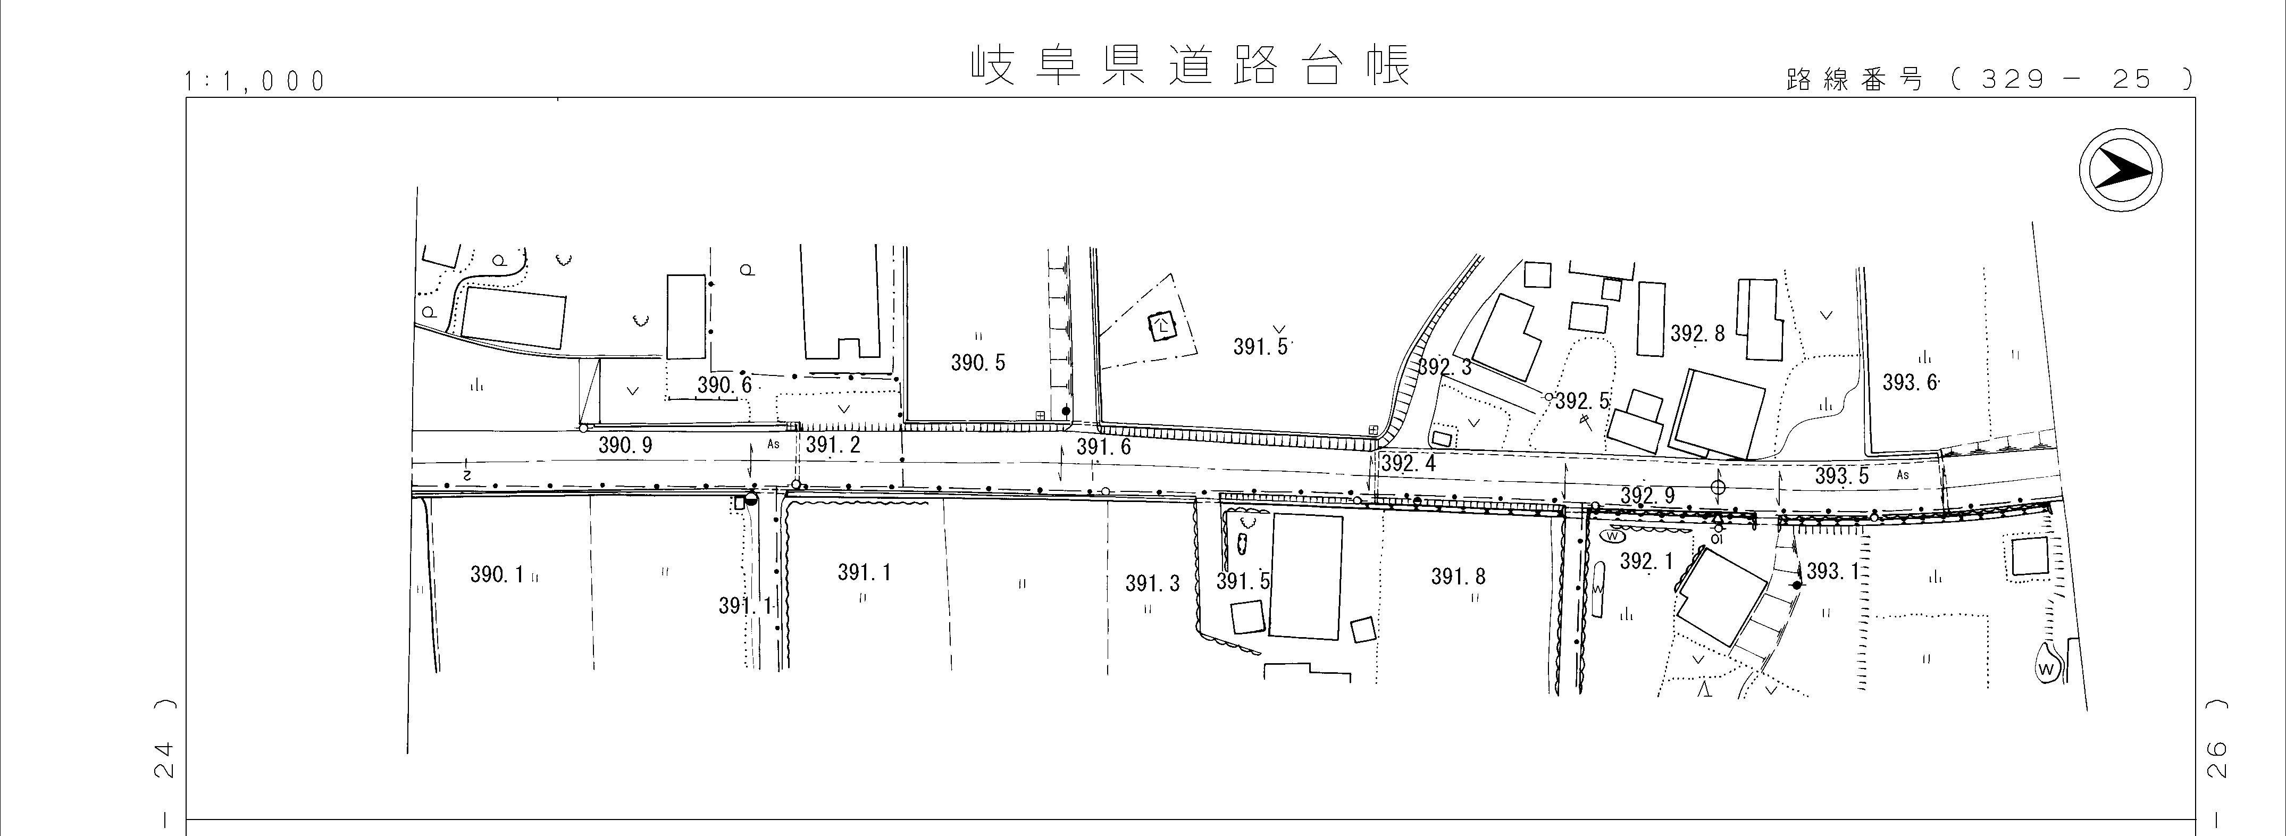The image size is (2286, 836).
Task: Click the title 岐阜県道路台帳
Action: (x=1189, y=66)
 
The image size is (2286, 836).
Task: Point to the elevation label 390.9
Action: (x=625, y=446)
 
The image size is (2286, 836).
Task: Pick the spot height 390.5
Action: (x=978, y=363)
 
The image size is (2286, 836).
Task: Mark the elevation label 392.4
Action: (x=1408, y=463)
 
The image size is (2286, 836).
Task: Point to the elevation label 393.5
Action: (x=1841, y=476)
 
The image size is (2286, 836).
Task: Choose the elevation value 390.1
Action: (x=497, y=575)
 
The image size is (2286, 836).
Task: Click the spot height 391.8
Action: (x=1458, y=577)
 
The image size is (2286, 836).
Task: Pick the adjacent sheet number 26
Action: (x=2215, y=762)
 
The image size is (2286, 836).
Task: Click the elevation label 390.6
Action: (x=724, y=385)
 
